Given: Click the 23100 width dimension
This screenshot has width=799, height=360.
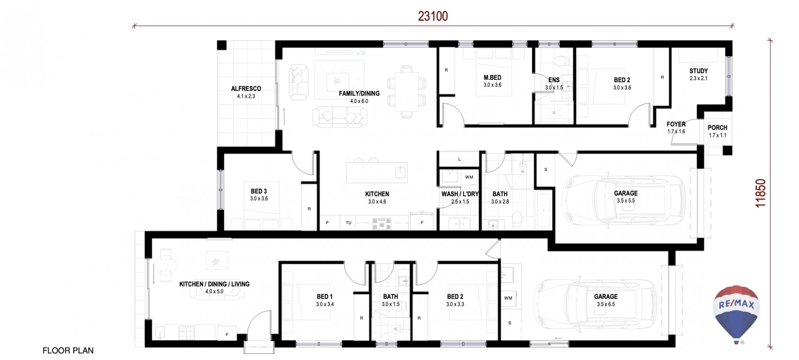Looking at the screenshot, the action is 433,16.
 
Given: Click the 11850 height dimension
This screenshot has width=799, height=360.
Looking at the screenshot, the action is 760,193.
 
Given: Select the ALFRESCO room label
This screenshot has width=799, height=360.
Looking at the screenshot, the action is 246,89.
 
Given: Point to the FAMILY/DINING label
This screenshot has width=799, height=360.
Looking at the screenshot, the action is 359,94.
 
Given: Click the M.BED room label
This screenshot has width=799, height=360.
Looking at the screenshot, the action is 492,78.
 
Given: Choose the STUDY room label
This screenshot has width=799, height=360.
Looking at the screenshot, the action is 698,71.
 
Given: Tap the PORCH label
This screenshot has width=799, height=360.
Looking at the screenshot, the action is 717,128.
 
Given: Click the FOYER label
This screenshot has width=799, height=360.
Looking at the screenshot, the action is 676,124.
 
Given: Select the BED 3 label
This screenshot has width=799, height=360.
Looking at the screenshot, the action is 259,191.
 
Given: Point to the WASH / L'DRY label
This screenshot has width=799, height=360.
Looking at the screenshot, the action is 460,194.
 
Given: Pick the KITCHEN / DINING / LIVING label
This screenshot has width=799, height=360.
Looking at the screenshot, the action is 214,284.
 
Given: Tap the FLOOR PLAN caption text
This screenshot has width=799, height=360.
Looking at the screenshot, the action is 68,351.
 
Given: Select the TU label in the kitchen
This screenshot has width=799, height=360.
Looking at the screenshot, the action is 348,223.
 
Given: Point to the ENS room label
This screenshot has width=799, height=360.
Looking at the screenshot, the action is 553,80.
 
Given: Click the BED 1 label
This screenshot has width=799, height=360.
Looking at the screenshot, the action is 325,297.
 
